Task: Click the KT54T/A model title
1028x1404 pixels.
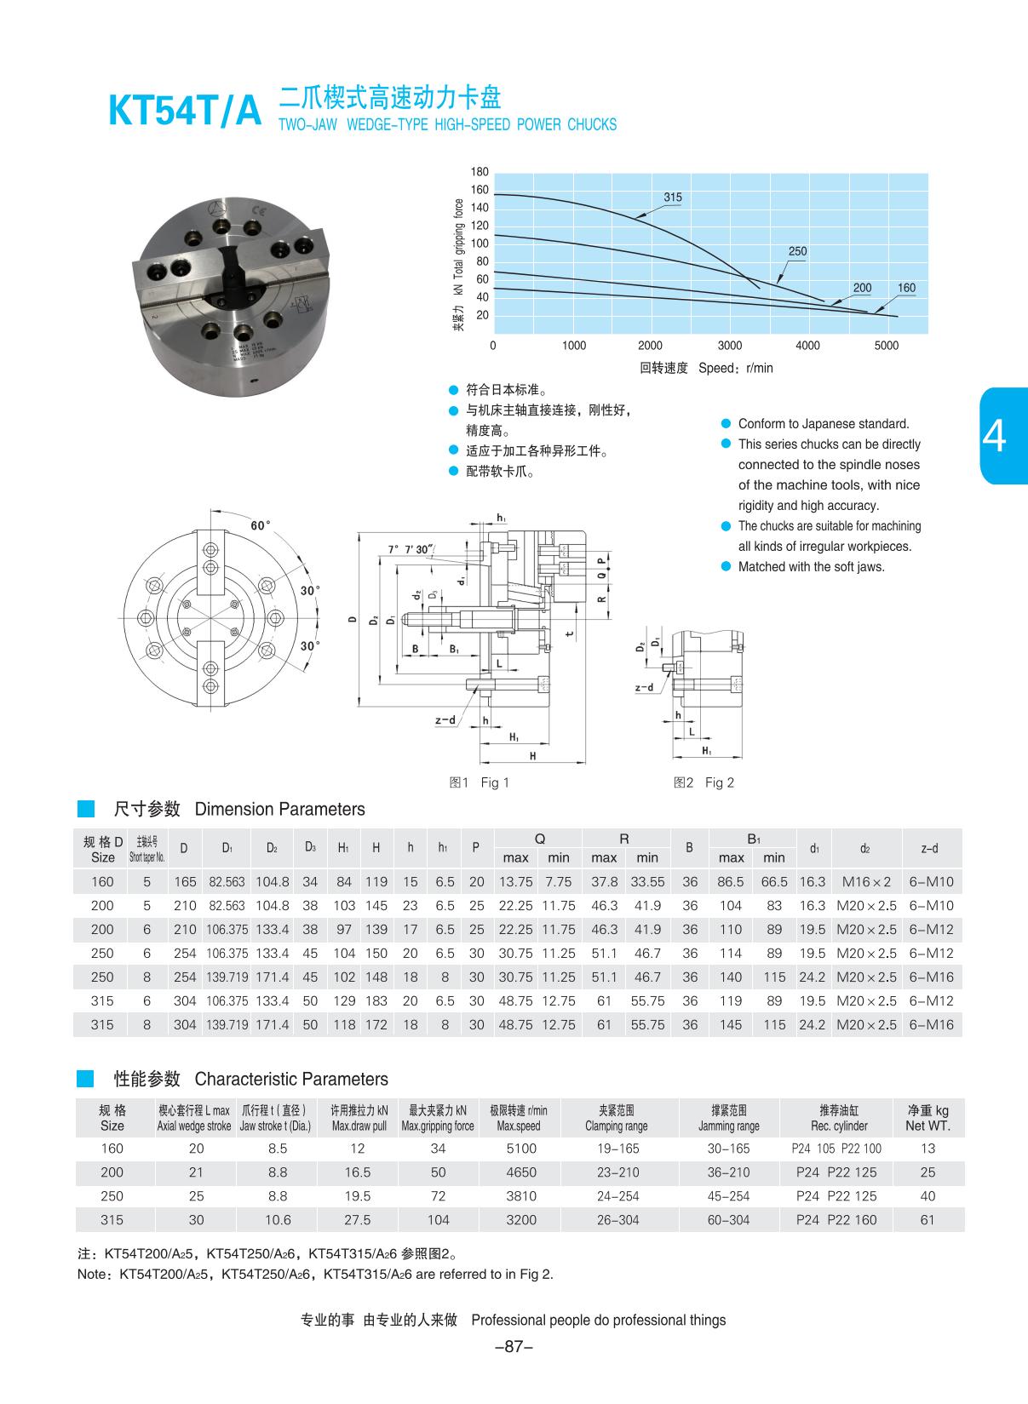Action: [185, 112]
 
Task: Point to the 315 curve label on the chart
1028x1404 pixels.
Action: [673, 198]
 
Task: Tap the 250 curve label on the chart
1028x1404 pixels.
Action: [797, 251]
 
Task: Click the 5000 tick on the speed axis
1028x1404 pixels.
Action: [887, 346]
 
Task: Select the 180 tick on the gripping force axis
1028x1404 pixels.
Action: [480, 172]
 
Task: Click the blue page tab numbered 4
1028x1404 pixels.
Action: [1005, 436]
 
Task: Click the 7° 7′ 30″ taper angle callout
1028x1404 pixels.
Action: [411, 549]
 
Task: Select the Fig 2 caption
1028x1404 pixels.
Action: [705, 782]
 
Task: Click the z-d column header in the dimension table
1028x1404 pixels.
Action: [929, 848]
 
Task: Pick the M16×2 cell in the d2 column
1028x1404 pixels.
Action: [866, 882]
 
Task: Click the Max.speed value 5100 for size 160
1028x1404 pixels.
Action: [521, 1149]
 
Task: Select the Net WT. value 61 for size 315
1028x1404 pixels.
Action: [927, 1220]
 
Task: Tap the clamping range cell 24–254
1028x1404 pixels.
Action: [617, 1196]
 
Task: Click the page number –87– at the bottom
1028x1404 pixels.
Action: [514, 1347]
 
